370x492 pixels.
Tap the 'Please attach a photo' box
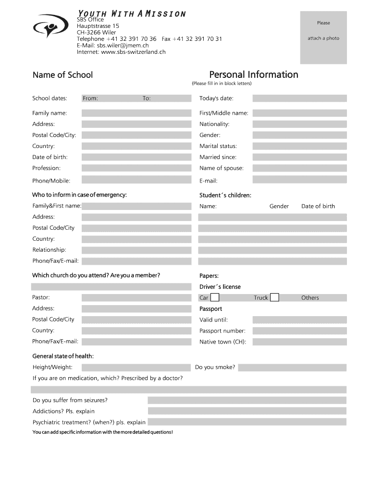point(323,37)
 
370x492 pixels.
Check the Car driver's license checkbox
point(215,297)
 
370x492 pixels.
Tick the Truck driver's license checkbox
point(274,297)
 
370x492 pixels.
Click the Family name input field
point(136,113)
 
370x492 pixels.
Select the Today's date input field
point(299,98)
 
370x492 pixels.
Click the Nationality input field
point(299,124)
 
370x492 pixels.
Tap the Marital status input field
point(299,146)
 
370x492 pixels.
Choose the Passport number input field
point(299,331)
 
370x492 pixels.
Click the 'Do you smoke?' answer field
point(292,368)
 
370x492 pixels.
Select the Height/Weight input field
point(136,368)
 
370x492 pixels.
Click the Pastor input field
point(136,297)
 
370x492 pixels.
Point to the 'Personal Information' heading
point(254,74)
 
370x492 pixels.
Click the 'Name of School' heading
point(62,75)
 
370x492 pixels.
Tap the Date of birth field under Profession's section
point(136,157)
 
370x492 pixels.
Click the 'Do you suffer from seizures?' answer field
point(247,400)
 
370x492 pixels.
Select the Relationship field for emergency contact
point(136,250)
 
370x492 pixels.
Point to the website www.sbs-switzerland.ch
point(134,52)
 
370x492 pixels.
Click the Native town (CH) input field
point(299,342)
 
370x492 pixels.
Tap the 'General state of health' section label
point(63,356)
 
